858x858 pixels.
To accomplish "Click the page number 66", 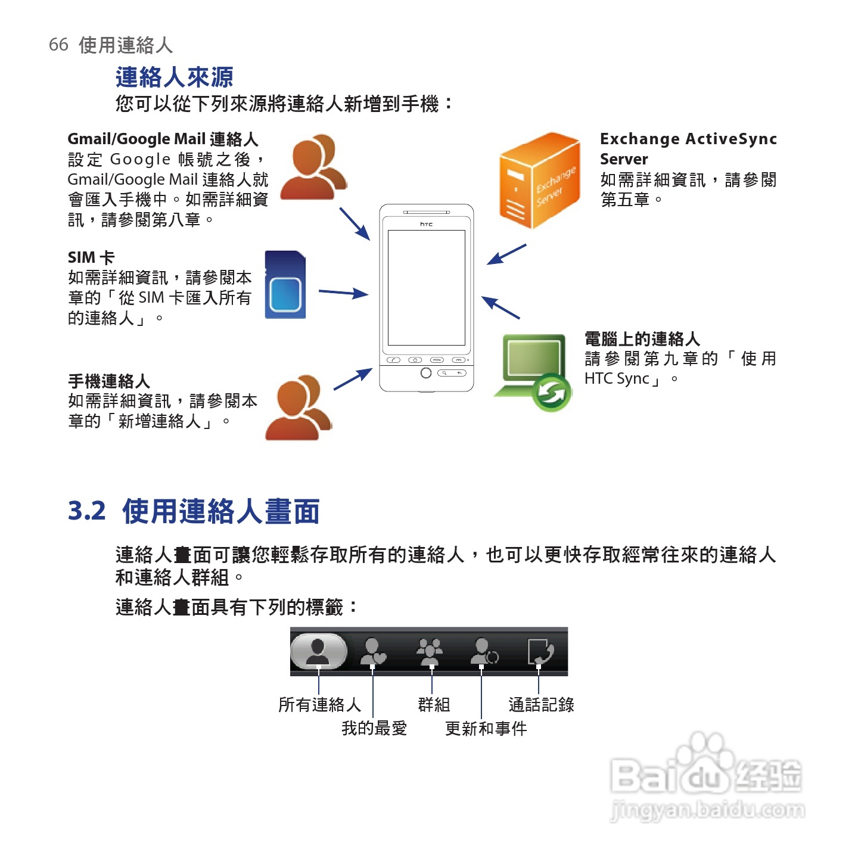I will point(58,45).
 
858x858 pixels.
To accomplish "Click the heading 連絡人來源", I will point(174,77).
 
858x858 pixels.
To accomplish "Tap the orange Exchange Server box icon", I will point(539,181).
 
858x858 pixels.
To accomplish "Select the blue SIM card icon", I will point(285,285).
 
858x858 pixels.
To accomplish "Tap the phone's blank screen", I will point(427,287).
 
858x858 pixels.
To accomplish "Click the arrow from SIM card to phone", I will point(343,293).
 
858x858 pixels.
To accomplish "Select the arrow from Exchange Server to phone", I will point(506,254).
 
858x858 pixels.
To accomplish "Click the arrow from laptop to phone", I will point(500,307).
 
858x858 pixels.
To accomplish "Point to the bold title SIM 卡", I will point(91,257).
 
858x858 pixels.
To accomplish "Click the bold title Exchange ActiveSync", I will point(688,139).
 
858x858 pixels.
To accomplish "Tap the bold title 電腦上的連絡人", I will point(642,339).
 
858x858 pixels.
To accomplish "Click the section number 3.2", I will point(86,511).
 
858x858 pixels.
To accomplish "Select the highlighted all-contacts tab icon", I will point(318,651).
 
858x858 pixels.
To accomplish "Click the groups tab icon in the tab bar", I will point(430,651).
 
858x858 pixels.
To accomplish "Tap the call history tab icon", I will point(540,651).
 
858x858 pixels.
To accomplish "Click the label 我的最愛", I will point(374,728).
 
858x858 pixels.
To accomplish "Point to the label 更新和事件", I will point(486,728).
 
